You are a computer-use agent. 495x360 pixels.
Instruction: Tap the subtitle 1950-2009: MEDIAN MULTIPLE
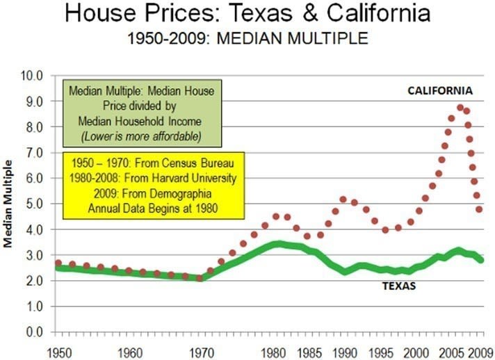pos(247,39)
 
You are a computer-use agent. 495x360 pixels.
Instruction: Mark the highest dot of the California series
pos(460,108)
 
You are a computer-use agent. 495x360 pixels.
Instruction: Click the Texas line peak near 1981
pos(278,244)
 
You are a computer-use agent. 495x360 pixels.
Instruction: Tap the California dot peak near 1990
pos(343,199)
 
